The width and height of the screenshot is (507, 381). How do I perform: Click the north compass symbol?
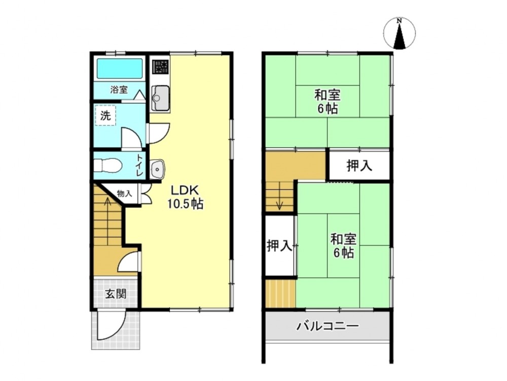point(400,34)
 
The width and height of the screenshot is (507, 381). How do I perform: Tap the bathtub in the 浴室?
point(120,69)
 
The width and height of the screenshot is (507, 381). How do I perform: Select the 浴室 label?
point(119,90)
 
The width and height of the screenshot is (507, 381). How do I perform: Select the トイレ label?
point(140,165)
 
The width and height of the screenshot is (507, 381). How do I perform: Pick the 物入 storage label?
point(125,194)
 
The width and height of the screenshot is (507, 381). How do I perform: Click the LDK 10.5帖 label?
point(185,197)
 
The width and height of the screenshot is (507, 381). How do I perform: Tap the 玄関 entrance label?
point(116,294)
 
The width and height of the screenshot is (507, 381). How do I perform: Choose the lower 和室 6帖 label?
point(343,246)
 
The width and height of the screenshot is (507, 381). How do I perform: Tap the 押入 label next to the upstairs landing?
point(359,166)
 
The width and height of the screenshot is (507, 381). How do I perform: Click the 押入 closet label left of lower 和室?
point(279,245)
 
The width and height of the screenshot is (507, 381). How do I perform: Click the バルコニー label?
point(328,326)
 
